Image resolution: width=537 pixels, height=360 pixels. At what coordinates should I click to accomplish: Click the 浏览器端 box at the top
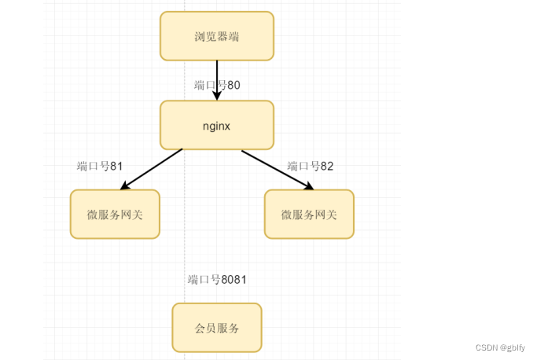coord(217,36)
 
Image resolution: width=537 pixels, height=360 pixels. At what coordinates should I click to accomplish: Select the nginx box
coord(217,125)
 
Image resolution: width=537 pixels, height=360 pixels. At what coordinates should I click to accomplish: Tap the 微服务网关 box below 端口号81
coord(115,214)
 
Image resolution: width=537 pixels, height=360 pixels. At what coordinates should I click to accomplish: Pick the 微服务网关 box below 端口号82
coord(309,214)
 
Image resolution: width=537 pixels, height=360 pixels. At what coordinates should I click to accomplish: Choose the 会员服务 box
coord(217,327)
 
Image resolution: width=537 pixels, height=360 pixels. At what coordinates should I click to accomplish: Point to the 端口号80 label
coord(217,85)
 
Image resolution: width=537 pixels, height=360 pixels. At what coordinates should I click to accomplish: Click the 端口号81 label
coord(100,166)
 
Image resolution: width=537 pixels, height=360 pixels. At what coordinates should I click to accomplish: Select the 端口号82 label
coord(311,166)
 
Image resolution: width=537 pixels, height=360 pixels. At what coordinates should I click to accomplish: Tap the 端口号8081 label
coord(218,279)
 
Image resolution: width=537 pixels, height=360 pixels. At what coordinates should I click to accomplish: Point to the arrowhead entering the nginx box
coord(217,95)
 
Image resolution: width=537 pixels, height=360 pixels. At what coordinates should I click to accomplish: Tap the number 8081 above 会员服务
coord(234,279)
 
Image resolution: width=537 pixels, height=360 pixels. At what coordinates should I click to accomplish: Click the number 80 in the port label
coord(234,85)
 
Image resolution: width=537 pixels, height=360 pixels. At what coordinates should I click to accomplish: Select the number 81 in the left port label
coord(116,166)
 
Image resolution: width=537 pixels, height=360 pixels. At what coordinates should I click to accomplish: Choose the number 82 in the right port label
coord(327,166)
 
